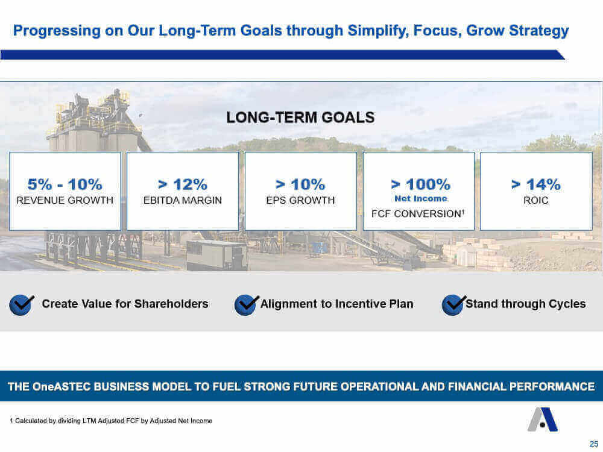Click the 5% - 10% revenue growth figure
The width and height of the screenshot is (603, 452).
click(x=65, y=184)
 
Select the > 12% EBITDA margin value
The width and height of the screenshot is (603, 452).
click(x=183, y=184)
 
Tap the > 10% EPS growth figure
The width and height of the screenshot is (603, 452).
click(x=300, y=184)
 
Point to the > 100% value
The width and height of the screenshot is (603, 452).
click(x=420, y=184)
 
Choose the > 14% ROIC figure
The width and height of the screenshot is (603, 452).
click(x=535, y=184)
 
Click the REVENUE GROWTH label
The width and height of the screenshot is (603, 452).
click(x=65, y=200)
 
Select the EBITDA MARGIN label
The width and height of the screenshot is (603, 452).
click(x=183, y=200)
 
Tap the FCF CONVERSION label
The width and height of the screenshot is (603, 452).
click(x=417, y=214)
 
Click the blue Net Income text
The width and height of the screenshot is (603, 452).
click(x=421, y=199)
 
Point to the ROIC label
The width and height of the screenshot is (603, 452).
click(x=535, y=200)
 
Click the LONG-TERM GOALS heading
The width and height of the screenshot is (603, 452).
click(x=300, y=118)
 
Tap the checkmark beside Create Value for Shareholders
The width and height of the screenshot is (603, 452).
click(x=22, y=305)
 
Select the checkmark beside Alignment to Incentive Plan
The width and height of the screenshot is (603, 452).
click(x=247, y=305)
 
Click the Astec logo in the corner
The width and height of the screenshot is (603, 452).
click(x=543, y=419)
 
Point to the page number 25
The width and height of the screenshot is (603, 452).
click(x=594, y=444)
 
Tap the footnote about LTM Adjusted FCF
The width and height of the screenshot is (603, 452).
click(x=111, y=421)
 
